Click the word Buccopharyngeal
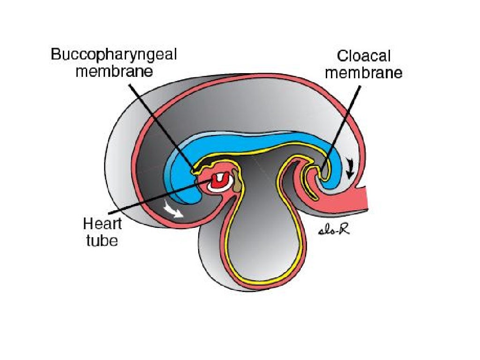tap(114, 54)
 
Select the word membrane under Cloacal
tap(364, 74)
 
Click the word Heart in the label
tap(102, 224)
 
